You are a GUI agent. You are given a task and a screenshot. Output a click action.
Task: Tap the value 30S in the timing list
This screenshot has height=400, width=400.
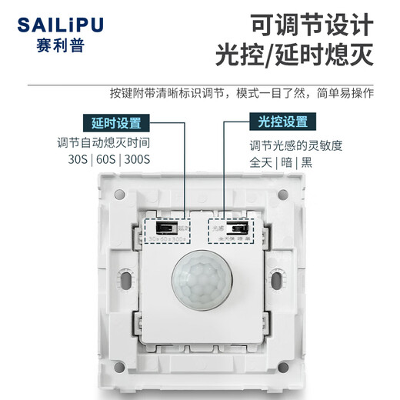tap(80, 161)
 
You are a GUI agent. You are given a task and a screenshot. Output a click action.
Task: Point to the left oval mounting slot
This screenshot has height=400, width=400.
tap(124, 277)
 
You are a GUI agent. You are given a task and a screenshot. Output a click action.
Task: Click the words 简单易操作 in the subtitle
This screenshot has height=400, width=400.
tap(346, 93)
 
